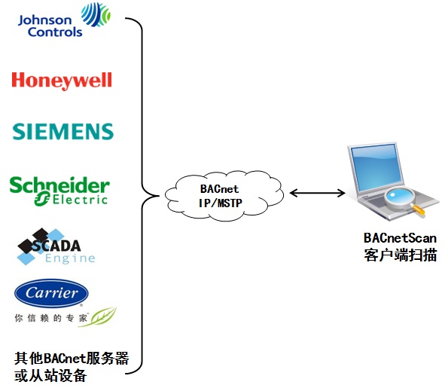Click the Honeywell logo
click(62, 81)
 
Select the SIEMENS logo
click(63, 132)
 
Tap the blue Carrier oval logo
click(51, 293)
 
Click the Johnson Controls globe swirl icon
click(96, 14)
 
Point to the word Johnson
click(44, 20)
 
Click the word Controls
click(55, 32)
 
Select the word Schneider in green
click(59, 185)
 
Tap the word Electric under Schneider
click(81, 200)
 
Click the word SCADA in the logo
click(56, 246)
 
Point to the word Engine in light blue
click(70, 258)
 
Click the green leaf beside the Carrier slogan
click(98, 317)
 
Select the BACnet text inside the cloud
click(219, 189)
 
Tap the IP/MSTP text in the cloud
click(221, 203)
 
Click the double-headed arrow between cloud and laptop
click(318, 193)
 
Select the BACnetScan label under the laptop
click(400, 238)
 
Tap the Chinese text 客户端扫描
click(401, 255)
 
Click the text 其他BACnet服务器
click(72, 358)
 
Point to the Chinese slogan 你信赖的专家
click(50, 318)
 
